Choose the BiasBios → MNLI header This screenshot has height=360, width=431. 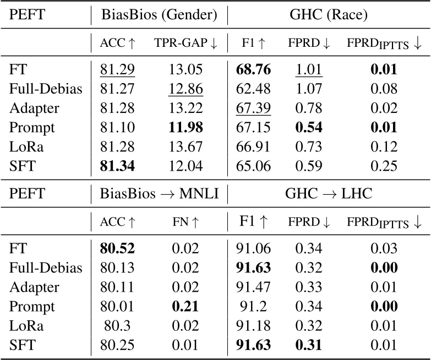[159, 193]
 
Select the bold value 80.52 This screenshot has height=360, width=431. [117, 249]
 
